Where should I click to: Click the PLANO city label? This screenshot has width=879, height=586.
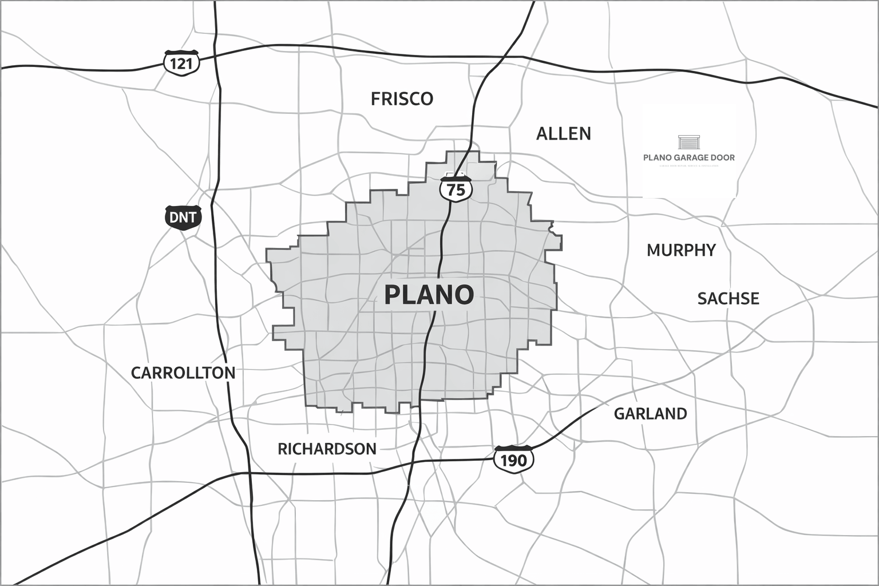[429, 295]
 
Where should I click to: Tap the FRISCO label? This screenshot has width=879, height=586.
[402, 99]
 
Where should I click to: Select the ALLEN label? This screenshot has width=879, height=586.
[563, 134]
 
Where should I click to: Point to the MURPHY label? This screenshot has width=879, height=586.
[681, 250]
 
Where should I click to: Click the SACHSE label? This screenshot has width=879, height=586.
[728, 298]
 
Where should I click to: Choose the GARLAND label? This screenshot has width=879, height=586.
[650, 413]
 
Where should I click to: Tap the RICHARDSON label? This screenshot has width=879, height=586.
[327, 449]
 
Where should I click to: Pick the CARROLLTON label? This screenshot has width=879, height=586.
[183, 373]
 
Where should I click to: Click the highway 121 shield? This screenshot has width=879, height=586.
[182, 62]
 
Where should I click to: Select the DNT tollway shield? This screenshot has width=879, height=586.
[183, 217]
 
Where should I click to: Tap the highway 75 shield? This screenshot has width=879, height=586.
[456, 188]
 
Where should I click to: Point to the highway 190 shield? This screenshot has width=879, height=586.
[513, 459]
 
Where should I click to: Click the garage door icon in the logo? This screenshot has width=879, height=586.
[689, 142]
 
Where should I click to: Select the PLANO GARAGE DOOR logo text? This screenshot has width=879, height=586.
[689, 157]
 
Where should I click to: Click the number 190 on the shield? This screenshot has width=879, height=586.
[513, 461]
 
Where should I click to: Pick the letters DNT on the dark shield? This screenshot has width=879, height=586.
[183, 217]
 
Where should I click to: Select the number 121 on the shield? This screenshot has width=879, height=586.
[182, 63]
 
